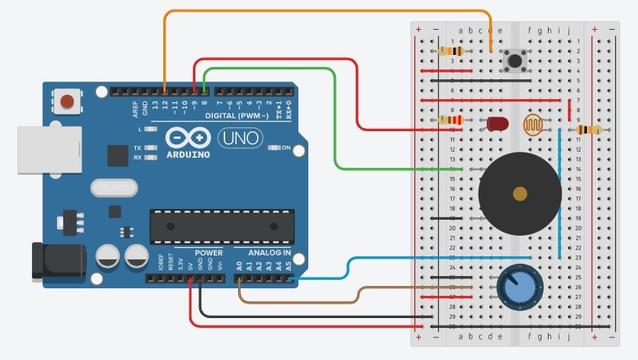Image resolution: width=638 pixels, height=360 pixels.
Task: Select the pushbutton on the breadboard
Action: [x=517, y=60]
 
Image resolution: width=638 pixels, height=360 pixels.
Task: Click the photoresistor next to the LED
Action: [x=532, y=124]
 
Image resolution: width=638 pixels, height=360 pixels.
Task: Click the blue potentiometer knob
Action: [x=514, y=287]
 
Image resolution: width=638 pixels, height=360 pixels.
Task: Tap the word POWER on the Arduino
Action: [x=208, y=252]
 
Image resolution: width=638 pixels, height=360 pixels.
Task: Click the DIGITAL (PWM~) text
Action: [x=236, y=116]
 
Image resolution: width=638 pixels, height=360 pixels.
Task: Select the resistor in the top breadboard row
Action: [x=451, y=51]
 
